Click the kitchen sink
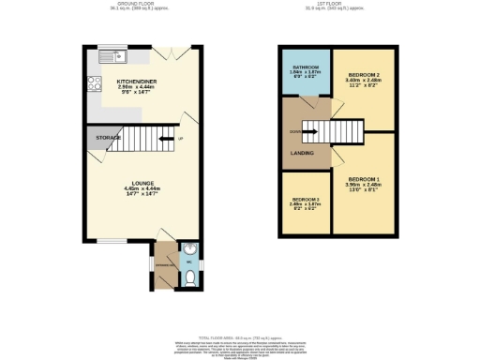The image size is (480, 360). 105,53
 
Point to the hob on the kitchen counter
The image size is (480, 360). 93,82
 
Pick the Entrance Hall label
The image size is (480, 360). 166,265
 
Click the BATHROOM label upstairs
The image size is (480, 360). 306,68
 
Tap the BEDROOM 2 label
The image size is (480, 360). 363,74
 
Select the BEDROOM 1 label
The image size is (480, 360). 364,178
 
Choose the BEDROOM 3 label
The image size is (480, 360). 306,200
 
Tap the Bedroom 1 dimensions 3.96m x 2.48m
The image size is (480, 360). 364,186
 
